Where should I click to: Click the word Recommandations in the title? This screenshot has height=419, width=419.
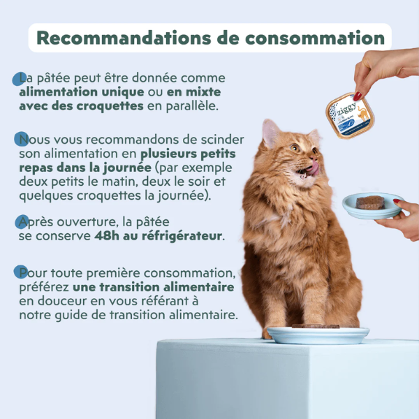point(116,38)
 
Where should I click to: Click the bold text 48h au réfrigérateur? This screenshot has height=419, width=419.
point(159,236)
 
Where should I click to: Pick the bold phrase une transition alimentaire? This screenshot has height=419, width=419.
point(153,287)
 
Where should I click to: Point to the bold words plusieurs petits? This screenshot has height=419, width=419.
point(188,154)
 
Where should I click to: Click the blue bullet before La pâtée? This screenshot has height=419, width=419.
point(20,78)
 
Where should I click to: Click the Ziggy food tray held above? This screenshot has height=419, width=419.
point(350,112)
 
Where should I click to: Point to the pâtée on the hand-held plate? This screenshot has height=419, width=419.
point(367,202)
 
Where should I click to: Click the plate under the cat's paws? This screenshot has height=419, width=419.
point(318,335)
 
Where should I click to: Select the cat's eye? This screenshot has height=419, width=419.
point(295,148)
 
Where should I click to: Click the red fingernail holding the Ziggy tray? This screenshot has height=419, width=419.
point(358,96)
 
